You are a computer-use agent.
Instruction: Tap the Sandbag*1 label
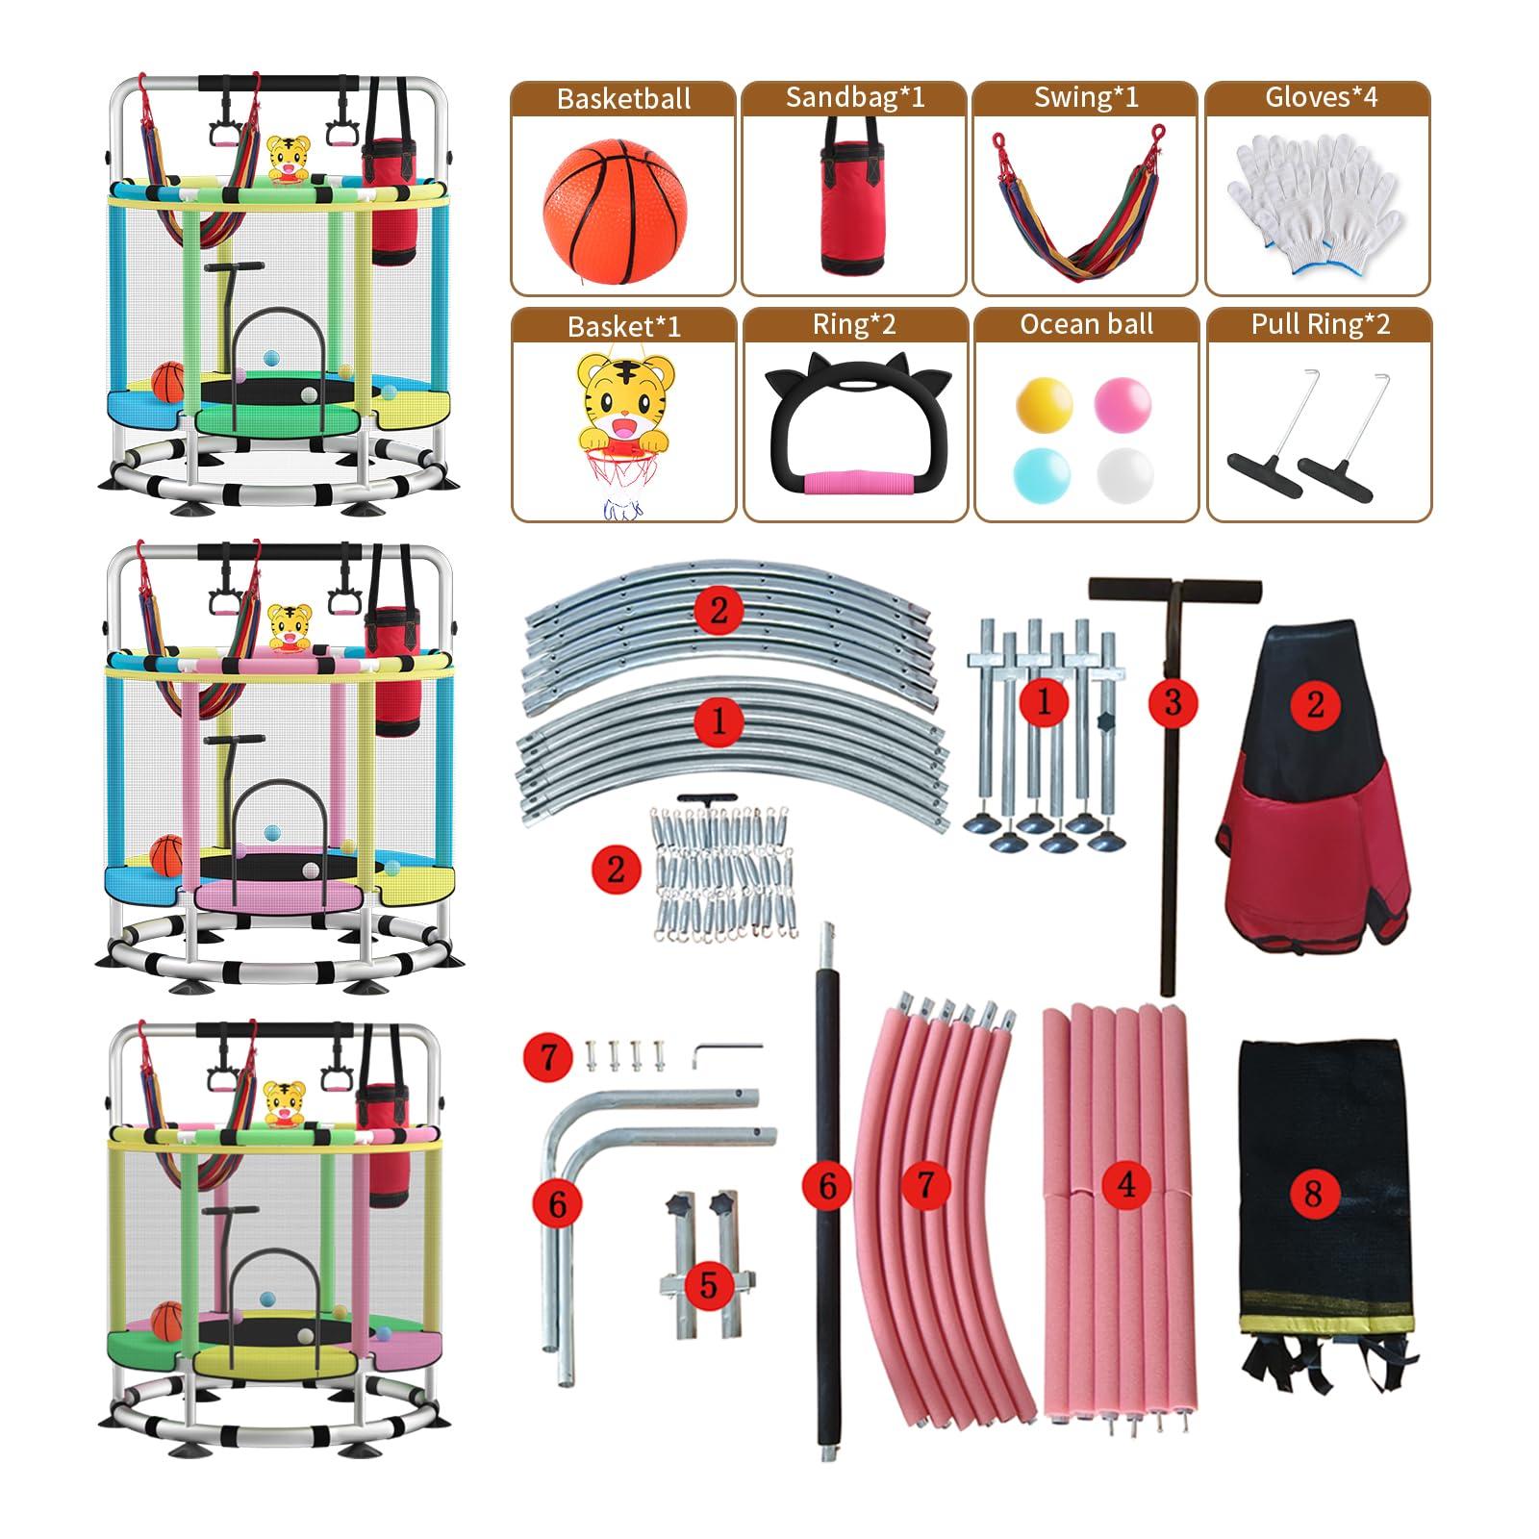(x=854, y=97)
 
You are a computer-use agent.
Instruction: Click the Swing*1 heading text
(x=1086, y=97)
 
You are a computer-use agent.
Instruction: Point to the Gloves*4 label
(x=1321, y=97)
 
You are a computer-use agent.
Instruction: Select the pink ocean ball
(x=1123, y=402)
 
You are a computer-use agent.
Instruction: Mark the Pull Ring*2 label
(x=1321, y=324)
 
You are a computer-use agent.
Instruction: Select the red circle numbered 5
(x=709, y=1285)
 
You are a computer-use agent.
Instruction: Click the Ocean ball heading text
(x=1087, y=324)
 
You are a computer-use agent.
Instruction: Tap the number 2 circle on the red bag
(x=1316, y=704)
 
